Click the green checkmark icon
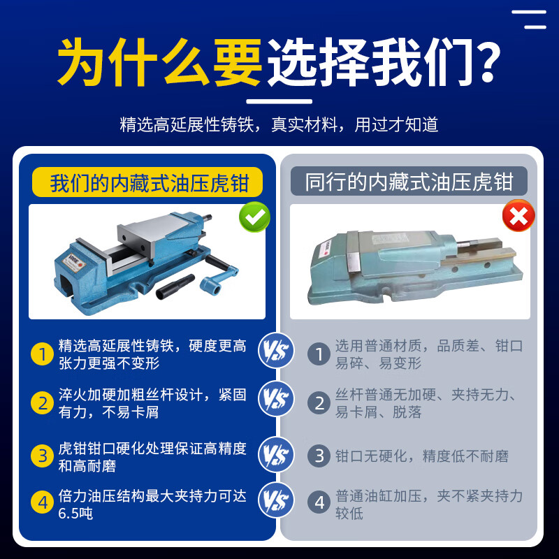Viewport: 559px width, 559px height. click(x=254, y=217)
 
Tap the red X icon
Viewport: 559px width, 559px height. click(x=518, y=215)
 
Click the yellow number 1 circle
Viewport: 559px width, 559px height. click(x=42, y=354)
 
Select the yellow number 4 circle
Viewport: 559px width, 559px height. click(x=42, y=502)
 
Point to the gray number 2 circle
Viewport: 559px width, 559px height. click(x=319, y=403)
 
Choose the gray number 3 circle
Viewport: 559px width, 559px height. click(x=319, y=456)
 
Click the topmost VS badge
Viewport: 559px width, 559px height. click(x=276, y=351)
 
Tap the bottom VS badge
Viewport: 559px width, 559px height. click(x=276, y=500)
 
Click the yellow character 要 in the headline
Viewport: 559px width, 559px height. click(x=238, y=62)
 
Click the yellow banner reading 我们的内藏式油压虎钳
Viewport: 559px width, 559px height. click(x=147, y=182)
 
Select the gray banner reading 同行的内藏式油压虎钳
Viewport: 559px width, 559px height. click(x=409, y=181)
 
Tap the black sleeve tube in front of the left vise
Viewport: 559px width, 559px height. click(x=175, y=286)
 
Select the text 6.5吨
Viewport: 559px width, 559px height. click(x=75, y=514)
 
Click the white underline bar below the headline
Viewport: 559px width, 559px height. click(x=279, y=101)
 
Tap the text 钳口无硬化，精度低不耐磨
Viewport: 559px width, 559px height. click(x=422, y=456)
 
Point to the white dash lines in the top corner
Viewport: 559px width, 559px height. click(x=529, y=20)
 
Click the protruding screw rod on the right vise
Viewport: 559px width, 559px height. click(x=468, y=244)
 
